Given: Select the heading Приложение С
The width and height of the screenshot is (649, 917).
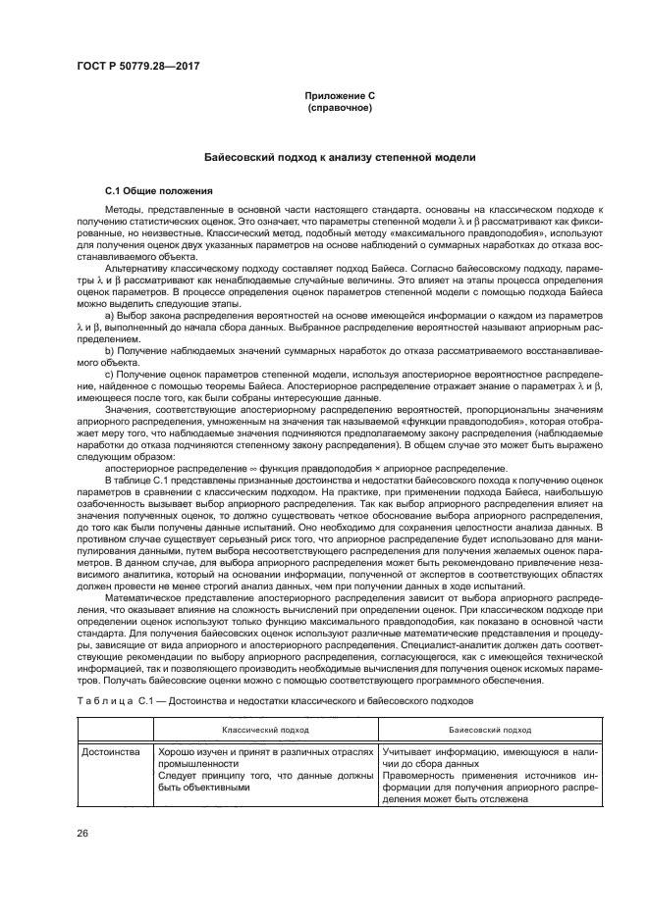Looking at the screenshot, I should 339,95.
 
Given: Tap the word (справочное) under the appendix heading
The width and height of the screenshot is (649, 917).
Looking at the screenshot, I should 339,107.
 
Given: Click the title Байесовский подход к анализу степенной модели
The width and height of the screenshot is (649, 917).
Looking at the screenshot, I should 339,156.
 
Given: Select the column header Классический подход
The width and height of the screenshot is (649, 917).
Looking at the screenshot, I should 265,729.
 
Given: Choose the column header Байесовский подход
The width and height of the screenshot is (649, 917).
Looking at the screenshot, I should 490,729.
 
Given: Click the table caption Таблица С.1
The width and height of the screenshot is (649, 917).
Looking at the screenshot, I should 110,702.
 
